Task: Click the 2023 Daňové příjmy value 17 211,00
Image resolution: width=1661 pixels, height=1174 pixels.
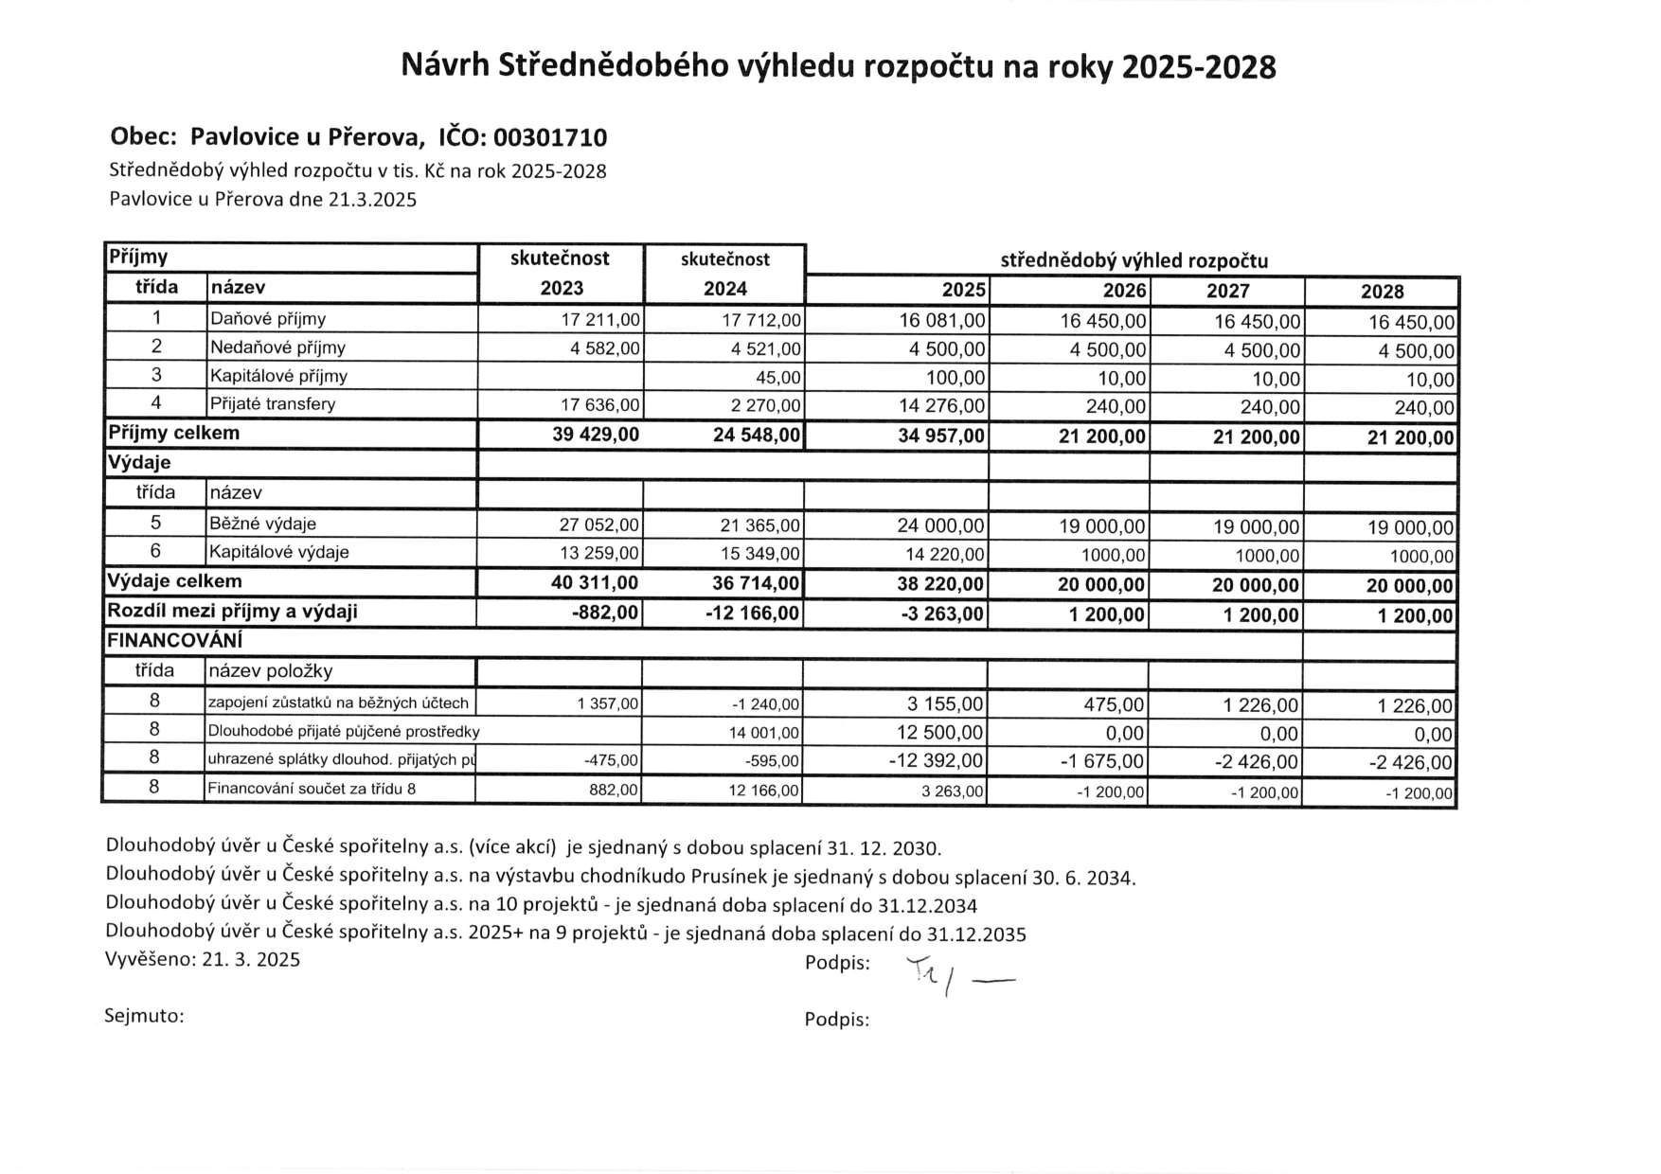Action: (x=600, y=320)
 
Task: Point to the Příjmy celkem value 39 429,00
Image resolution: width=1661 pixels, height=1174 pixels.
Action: (x=596, y=435)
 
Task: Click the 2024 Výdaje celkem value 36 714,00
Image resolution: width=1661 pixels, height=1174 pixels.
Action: (x=756, y=583)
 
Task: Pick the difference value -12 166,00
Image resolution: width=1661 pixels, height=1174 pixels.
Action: (x=752, y=613)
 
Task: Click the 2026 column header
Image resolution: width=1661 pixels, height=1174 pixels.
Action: (x=1124, y=291)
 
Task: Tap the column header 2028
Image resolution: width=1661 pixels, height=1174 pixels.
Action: (x=1382, y=292)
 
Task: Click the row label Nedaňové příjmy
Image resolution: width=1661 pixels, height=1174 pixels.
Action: (x=277, y=347)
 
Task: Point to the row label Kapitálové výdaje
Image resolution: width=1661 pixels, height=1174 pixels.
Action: (x=279, y=552)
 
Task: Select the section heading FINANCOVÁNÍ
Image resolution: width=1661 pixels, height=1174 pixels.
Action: (x=174, y=641)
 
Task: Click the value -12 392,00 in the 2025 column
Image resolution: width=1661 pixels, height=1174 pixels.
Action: (x=936, y=761)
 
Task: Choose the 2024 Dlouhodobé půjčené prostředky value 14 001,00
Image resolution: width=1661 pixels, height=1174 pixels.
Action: (x=763, y=733)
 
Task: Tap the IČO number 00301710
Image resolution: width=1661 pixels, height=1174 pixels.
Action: (x=549, y=138)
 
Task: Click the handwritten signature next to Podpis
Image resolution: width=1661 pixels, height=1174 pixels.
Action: (x=956, y=976)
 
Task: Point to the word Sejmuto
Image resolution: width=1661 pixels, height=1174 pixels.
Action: (x=143, y=1016)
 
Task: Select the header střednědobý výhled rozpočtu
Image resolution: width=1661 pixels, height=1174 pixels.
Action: (x=1134, y=260)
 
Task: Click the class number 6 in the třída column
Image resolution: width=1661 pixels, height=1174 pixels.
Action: (x=155, y=551)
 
